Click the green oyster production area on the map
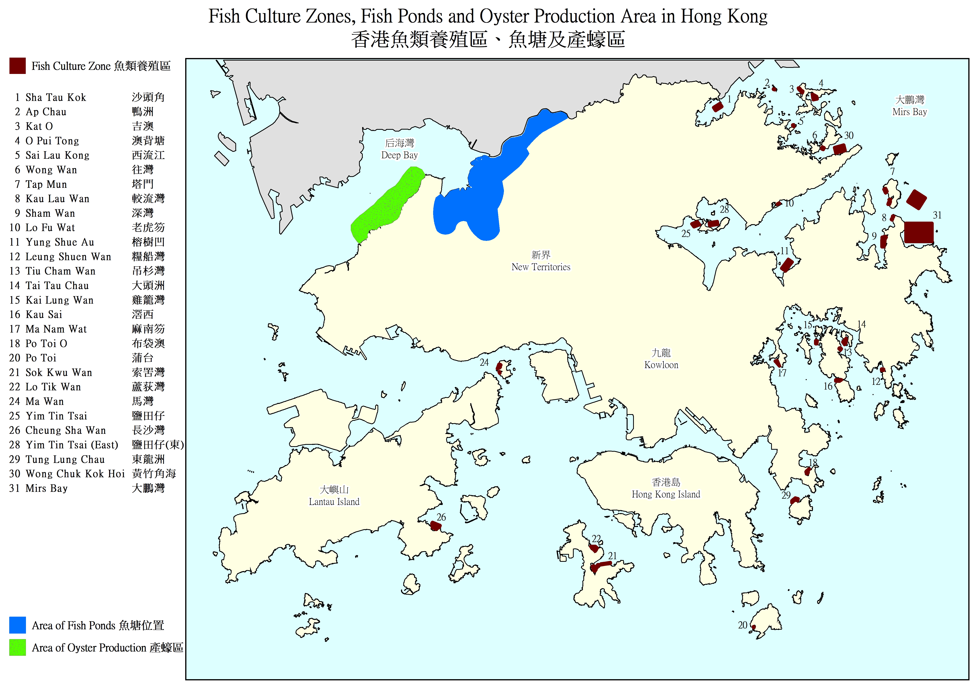pyautogui.click(x=387, y=204)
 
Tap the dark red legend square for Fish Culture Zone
pyautogui.click(x=17, y=66)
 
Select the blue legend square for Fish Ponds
pyautogui.click(x=17, y=625)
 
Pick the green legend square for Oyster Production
pyautogui.click(x=17, y=648)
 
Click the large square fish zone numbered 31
pyautogui.click(x=919, y=232)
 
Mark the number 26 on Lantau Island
pyautogui.click(x=441, y=517)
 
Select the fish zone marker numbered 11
pyautogui.click(x=786, y=265)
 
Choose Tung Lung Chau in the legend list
pyautogui.click(x=65, y=459)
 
